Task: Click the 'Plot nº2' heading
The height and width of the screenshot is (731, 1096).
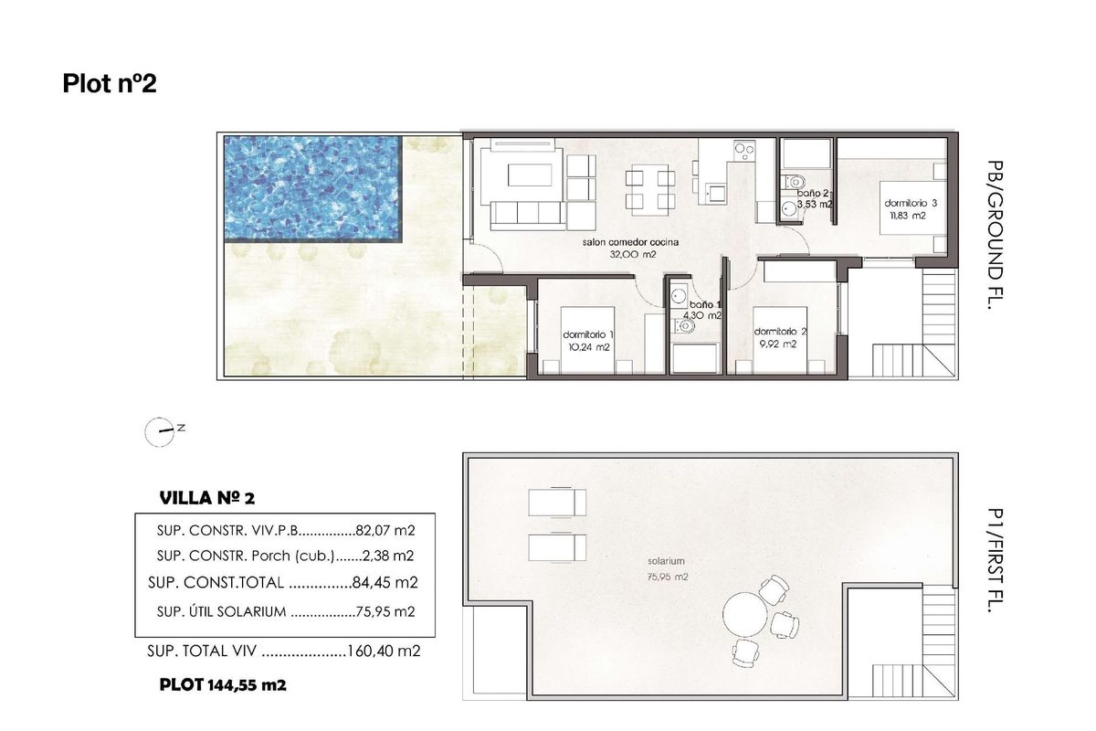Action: pyautogui.click(x=110, y=84)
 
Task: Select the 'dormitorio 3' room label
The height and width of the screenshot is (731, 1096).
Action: pyautogui.click(x=910, y=203)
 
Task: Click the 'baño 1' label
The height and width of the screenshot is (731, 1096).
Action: pyautogui.click(x=705, y=304)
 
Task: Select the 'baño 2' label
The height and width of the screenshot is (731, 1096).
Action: pyautogui.click(x=812, y=194)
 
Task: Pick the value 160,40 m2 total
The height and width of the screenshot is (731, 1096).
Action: pyautogui.click(x=384, y=652)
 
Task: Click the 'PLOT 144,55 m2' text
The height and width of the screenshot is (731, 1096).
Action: pyautogui.click(x=223, y=683)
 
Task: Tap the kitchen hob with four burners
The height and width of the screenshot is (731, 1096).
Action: pyautogui.click(x=744, y=151)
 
